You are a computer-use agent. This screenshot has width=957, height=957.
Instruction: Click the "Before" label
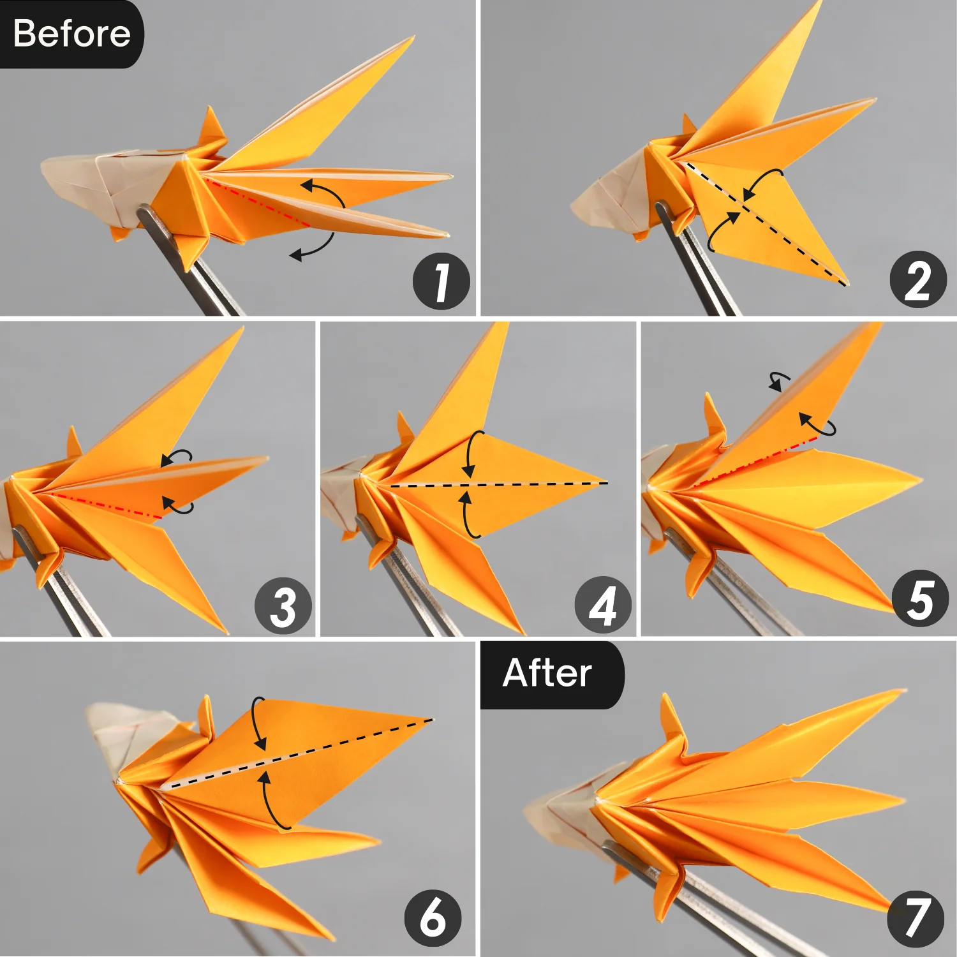pos(71,33)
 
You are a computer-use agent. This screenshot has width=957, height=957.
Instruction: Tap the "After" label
pos(547,673)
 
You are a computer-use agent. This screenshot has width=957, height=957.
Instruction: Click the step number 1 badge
pos(441,281)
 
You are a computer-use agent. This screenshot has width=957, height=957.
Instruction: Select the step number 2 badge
pos(918,279)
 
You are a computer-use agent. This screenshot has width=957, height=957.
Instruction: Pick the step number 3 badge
pos(283,605)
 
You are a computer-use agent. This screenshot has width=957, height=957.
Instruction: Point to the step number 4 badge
pos(603,605)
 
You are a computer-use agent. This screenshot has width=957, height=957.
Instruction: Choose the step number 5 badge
pos(920,598)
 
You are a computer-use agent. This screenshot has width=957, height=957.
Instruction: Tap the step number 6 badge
pos(433,918)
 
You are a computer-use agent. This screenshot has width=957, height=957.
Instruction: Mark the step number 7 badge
pos(916,919)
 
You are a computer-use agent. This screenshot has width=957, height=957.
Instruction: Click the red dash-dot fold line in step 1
pos(255,202)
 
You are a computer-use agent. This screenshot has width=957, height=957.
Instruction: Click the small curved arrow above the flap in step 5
pos(778,382)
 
